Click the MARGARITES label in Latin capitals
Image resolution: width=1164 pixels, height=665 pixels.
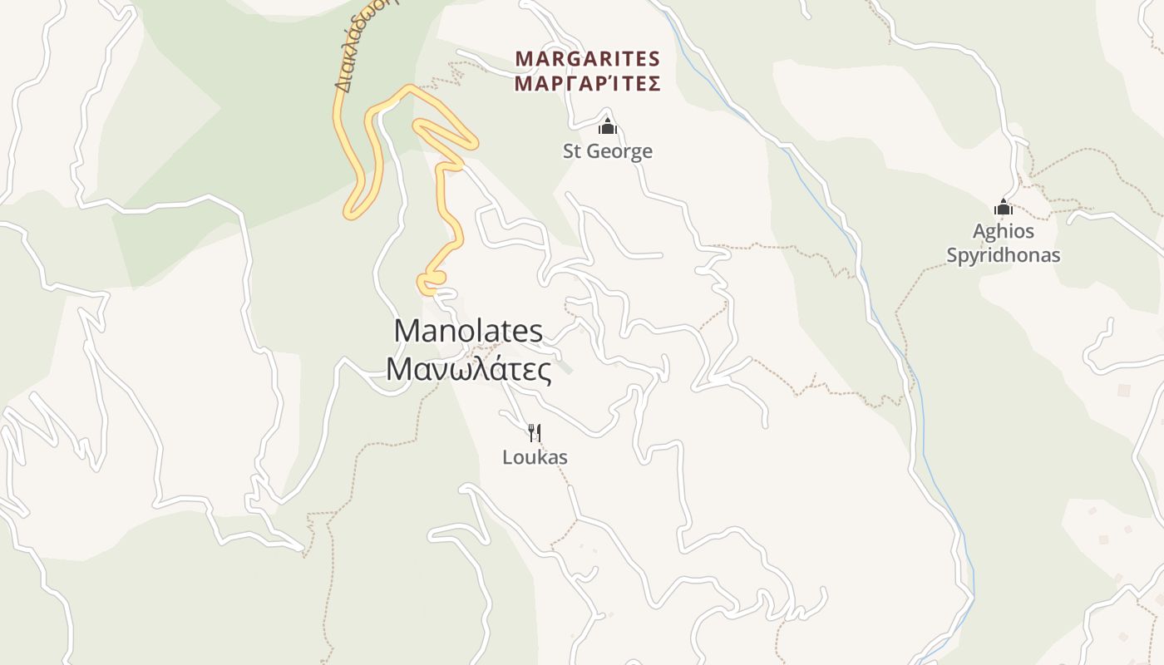point(587,59)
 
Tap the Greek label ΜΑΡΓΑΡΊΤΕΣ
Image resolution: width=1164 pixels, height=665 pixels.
point(587,84)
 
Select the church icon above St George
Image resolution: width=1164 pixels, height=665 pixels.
point(608,126)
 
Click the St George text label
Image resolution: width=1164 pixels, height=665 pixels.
point(608,151)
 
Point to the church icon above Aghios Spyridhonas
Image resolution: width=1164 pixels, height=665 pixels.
point(1004,207)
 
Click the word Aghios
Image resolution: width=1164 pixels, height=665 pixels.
point(1004,231)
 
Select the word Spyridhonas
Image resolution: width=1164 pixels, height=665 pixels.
point(1004,254)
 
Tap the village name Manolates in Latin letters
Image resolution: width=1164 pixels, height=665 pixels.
point(468,331)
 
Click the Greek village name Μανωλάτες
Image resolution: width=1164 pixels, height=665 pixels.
point(468,369)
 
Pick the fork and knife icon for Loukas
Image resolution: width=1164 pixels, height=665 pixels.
point(535,432)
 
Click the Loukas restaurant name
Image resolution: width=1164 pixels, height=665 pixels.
point(535,457)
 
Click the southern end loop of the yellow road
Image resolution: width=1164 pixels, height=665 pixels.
point(432,283)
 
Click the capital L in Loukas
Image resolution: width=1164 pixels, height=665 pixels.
point(507,457)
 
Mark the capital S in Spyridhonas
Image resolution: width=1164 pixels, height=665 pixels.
point(953,254)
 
